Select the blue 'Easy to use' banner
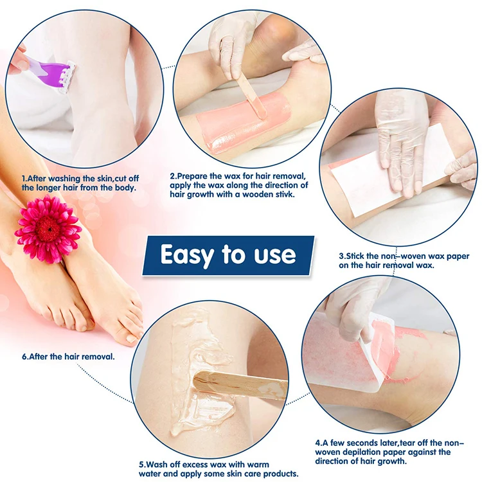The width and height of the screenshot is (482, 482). pos(228,255)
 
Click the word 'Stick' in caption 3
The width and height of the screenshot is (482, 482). pos(361,256)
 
